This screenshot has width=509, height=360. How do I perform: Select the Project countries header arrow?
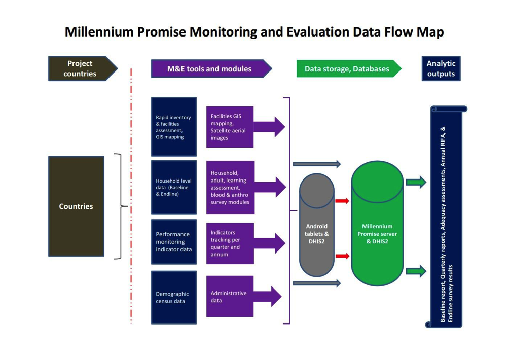81,68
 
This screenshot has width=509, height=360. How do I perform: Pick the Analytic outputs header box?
441,68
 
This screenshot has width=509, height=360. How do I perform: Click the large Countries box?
76,206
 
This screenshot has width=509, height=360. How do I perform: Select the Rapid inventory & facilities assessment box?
173,127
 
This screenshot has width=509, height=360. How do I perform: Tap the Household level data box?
173,187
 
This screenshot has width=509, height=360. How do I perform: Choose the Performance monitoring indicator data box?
173,242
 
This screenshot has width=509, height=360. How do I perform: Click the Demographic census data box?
173,297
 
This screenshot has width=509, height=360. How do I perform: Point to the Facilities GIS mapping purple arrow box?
230,127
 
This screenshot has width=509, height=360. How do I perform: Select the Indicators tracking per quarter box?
230,243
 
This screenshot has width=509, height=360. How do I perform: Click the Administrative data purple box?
230,297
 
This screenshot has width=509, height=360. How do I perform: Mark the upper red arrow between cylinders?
342,201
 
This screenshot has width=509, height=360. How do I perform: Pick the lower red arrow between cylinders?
342,256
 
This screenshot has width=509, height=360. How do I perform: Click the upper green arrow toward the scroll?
416,182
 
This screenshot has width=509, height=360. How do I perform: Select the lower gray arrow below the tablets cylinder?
316,283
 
